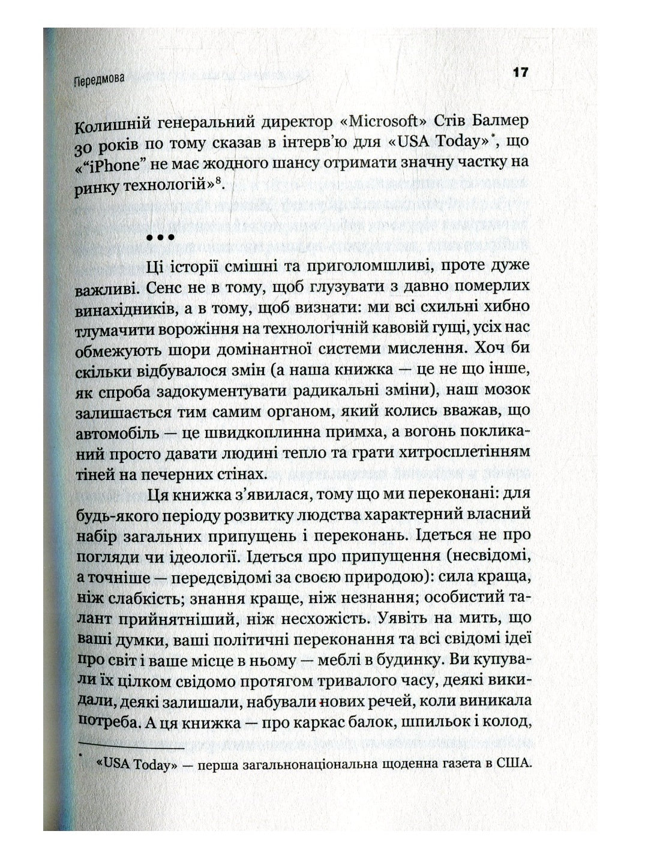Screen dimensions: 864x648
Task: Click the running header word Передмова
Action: pyautogui.click(x=100, y=79)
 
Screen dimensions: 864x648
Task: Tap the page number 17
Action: pyautogui.click(x=520, y=73)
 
